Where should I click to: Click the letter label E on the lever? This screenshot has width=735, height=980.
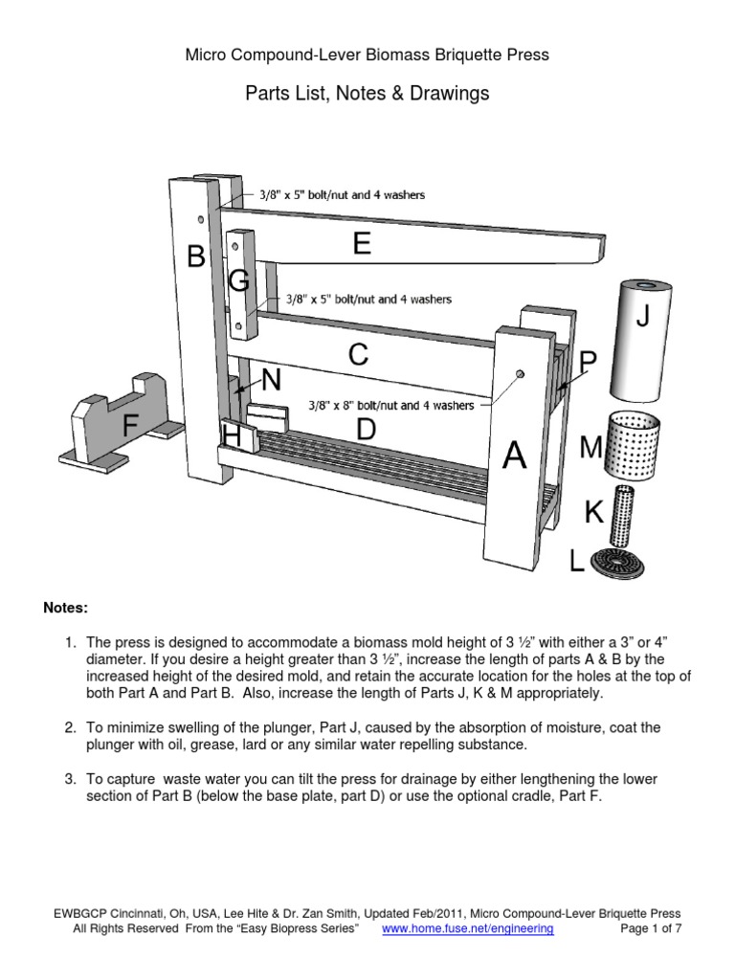[361, 245]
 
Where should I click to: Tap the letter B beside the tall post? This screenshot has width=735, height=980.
[196, 256]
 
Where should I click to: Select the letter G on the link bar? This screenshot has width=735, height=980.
[239, 280]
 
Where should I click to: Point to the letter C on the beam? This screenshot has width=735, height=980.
[358, 356]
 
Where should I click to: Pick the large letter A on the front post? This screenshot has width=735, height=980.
[515, 457]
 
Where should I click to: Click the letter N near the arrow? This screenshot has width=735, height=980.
[272, 381]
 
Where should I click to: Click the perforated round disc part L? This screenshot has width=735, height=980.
[617, 561]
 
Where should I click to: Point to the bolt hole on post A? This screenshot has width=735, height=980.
[520, 373]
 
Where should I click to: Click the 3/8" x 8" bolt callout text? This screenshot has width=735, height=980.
[390, 406]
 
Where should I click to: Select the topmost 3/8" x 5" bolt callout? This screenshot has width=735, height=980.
[343, 194]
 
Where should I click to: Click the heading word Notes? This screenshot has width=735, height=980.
[65, 608]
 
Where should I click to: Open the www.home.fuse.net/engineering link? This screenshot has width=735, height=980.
[467, 928]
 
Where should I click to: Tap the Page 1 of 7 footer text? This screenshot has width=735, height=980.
[646, 928]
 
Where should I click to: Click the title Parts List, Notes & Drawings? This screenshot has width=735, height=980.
[367, 93]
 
